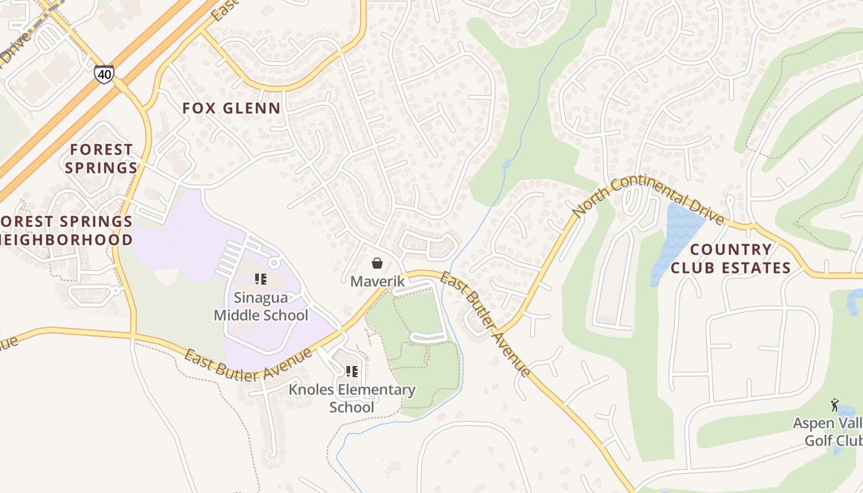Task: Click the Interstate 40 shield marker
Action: coord(104,75)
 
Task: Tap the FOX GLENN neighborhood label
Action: coord(231,108)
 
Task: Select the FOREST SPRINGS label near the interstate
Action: coord(101,158)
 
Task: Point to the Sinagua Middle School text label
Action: coord(261,306)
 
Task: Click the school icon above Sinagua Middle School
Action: coord(261,279)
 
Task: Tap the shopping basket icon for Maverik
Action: coord(377,264)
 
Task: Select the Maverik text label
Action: coord(377,282)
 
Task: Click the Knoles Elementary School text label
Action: coord(352,398)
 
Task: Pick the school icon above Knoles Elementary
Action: coord(352,372)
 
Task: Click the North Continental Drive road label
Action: coord(647,199)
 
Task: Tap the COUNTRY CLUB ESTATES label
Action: coord(730,258)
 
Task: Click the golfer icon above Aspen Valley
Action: coord(835,405)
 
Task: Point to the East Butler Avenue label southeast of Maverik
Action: coord(485,324)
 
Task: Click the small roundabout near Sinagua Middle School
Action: coord(274,263)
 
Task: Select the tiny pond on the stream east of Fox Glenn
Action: coord(506,164)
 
